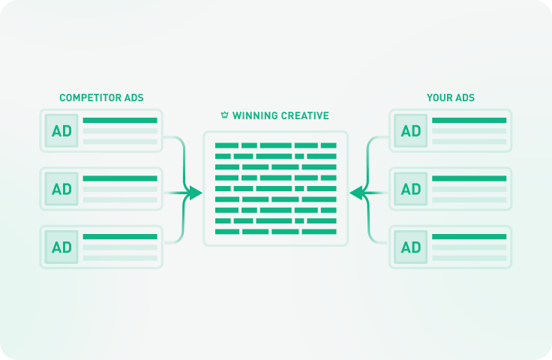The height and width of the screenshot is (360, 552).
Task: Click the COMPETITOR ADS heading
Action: tap(101, 97)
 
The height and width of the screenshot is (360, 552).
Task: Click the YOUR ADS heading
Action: tap(451, 97)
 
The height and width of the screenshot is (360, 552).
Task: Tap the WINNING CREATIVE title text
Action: tap(280, 115)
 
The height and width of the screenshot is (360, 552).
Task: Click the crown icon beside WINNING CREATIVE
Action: tap(224, 115)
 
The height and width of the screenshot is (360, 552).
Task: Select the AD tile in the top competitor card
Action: tap(61, 130)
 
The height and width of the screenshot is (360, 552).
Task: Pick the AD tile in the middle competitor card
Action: tap(61, 189)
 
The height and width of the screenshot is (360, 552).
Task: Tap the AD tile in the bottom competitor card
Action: tap(61, 247)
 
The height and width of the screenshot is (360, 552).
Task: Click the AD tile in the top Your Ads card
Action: tap(411, 130)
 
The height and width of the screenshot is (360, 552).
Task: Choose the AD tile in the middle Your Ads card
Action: tap(411, 189)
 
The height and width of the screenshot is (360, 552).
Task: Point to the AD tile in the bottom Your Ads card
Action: tap(411, 247)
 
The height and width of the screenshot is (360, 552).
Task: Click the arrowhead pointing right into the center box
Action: tap(196, 193)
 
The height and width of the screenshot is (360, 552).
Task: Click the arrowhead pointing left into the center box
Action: tap(356, 193)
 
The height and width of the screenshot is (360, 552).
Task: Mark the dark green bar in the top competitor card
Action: tap(120, 120)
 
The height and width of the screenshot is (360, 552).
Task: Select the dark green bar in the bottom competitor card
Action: tap(120, 237)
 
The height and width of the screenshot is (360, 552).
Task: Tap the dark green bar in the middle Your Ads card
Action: tap(469, 178)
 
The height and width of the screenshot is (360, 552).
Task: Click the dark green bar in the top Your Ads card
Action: tap(469, 120)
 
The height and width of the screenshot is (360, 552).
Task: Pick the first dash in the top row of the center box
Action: tap(226, 145)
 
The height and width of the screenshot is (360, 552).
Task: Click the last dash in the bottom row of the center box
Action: tap(319, 232)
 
